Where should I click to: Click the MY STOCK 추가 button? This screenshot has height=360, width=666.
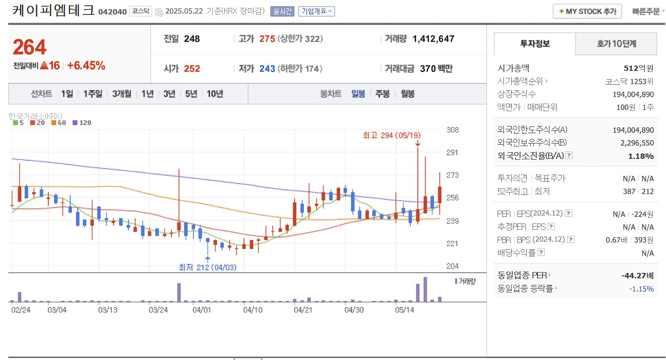(587, 12)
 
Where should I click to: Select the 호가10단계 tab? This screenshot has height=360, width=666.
(616, 44)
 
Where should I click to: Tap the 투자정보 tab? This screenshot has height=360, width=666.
(535, 44)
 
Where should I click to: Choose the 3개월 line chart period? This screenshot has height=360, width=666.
(122, 94)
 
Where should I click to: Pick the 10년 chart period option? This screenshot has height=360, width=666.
(215, 94)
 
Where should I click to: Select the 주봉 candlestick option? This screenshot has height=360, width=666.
(382, 94)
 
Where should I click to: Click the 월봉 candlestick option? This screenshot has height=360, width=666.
(408, 94)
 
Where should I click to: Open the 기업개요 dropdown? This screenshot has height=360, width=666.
(316, 12)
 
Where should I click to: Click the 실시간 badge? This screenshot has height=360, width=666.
(282, 12)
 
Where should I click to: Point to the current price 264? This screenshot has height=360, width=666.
(29, 47)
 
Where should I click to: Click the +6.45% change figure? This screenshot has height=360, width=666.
(86, 66)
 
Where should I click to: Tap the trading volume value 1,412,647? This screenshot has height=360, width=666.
(433, 39)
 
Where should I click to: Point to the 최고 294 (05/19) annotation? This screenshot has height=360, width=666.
(391, 135)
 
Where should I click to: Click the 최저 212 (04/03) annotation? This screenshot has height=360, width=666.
(207, 268)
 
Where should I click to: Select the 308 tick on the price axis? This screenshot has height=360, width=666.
(452, 130)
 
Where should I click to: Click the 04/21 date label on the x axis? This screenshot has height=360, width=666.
(303, 310)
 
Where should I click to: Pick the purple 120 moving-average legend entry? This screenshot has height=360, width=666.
(82, 123)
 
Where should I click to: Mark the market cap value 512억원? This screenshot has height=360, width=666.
(638, 68)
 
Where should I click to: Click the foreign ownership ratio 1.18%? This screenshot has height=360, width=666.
(641, 156)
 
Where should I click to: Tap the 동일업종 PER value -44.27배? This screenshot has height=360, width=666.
(637, 275)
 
